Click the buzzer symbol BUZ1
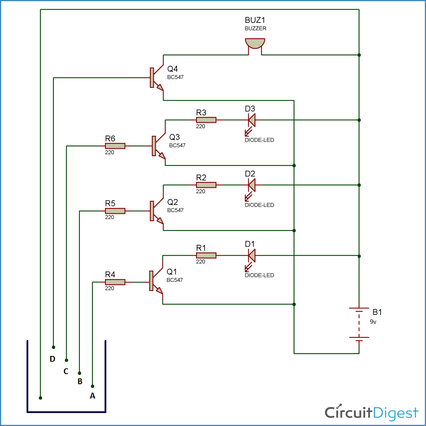click(255, 44)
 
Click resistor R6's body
click(115, 146)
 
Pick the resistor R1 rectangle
click(206, 256)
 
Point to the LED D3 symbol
click(252, 120)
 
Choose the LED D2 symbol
click(252, 185)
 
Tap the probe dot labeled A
click(93, 386)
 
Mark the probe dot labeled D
click(53, 347)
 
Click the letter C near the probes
click(66, 371)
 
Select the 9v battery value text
click(373, 322)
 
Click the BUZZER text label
click(256, 28)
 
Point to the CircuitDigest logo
click(371, 413)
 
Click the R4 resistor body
click(115, 282)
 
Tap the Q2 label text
click(173, 202)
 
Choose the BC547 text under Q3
click(177, 146)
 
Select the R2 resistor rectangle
click(206, 185)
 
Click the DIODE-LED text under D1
click(259, 275)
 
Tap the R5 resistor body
click(115, 211)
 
